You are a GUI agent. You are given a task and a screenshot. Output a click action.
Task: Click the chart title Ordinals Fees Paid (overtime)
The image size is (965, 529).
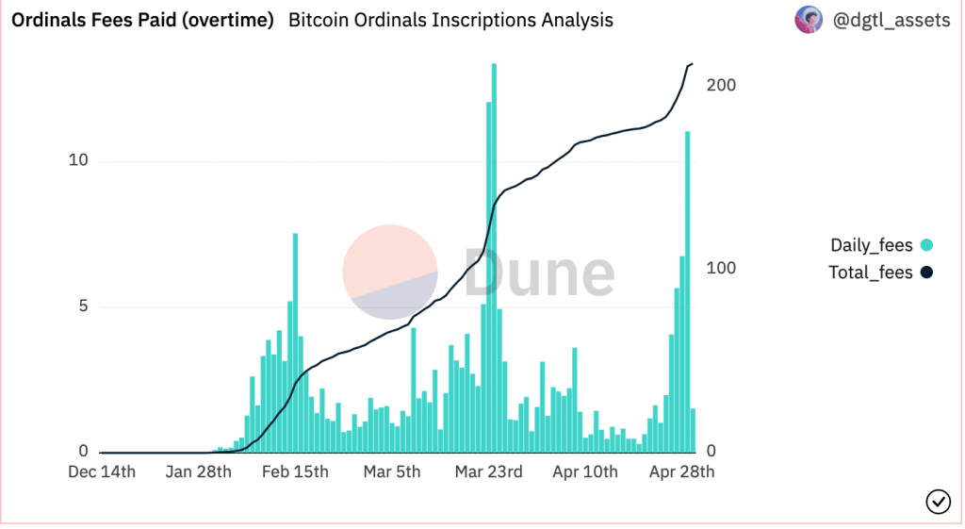[x=142, y=20]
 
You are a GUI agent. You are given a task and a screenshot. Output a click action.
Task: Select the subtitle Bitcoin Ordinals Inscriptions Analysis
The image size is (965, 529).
[x=450, y=20]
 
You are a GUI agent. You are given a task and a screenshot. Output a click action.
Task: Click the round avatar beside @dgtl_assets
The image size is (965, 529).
[x=809, y=20]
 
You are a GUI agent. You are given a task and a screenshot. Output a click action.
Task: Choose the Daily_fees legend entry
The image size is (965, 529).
[x=871, y=245]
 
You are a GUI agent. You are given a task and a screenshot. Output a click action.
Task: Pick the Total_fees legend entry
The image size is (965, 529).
[x=871, y=273]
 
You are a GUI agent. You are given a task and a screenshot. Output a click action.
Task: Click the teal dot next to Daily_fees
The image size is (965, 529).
[x=926, y=245]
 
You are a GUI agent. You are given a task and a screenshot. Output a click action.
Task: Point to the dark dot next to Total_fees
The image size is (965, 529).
[x=926, y=273]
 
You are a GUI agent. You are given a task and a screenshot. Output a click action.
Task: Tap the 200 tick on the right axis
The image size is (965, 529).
[x=722, y=85]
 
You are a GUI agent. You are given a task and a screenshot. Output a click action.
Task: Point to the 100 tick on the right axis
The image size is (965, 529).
[x=722, y=268]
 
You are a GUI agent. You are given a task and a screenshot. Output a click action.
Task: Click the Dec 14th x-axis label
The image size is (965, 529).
[x=102, y=471]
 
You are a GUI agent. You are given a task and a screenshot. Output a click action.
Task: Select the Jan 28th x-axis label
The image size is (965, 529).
[x=198, y=471]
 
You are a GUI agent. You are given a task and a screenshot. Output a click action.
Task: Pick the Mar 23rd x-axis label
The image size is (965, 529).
[x=488, y=471]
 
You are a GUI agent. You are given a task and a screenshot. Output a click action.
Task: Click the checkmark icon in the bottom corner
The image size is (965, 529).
[x=938, y=502]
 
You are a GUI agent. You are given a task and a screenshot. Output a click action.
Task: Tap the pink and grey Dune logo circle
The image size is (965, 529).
[x=389, y=272]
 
